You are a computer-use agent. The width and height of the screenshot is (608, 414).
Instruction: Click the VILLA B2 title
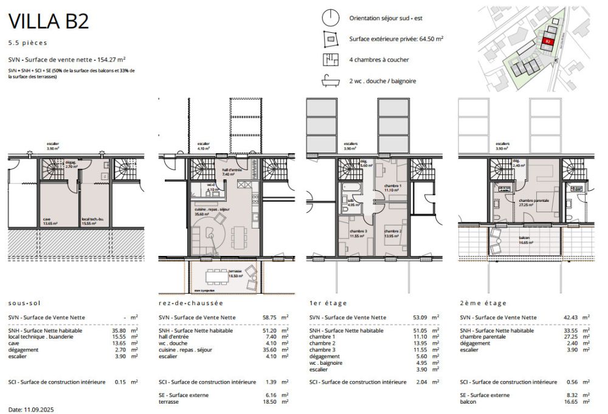(48, 21)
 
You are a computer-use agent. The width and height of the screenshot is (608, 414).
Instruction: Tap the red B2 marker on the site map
(547, 41)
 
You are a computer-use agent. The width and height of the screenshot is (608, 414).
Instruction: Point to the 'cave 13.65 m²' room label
(50, 221)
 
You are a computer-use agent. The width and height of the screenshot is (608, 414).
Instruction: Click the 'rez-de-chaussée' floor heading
(190, 303)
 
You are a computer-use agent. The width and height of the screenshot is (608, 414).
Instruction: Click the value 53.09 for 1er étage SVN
(420, 317)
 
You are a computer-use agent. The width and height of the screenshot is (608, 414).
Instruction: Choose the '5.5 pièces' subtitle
(27, 43)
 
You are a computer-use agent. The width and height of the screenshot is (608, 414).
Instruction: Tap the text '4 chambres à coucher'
(379, 60)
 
